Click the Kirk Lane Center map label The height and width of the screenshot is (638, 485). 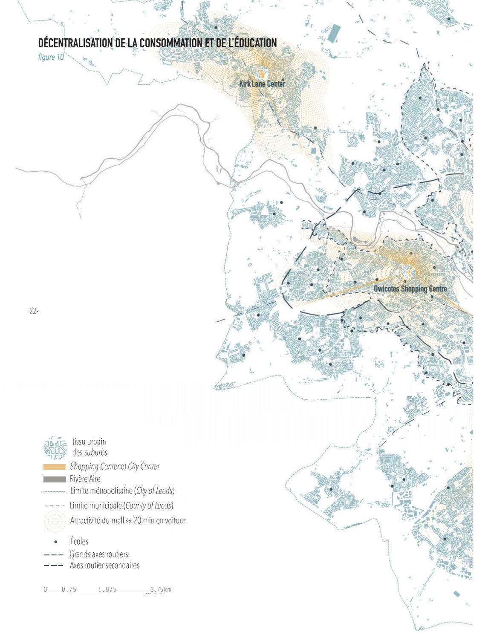262,84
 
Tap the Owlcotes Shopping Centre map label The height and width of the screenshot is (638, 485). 410,289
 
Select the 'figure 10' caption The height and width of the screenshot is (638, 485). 51,57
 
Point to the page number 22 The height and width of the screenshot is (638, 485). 33,311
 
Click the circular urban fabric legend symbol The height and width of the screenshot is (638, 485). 55,447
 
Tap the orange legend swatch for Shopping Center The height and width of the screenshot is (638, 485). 55,467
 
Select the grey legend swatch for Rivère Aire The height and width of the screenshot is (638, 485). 55,479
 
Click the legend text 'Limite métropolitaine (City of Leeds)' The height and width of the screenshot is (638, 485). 122,491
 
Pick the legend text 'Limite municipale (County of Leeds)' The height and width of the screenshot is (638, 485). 121,506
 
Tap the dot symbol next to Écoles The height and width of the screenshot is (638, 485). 56,542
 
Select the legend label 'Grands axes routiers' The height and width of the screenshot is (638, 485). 99,554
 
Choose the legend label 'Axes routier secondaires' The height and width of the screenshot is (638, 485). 104,566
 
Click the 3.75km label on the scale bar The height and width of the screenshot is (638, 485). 160,590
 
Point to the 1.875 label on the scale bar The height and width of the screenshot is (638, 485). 107,590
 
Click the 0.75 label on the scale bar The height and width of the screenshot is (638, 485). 69,590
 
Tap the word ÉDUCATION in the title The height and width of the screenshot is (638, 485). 254,43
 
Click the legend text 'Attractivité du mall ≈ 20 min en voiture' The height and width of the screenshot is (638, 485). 127,521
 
